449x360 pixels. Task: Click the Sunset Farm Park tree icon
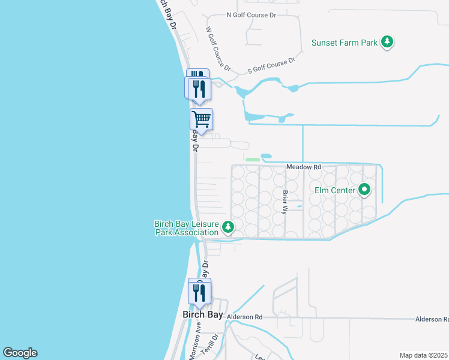[x=388, y=42]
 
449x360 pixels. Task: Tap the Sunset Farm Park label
[x=345, y=43]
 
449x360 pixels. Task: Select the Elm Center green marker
[x=364, y=191]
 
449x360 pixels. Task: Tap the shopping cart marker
[x=202, y=118]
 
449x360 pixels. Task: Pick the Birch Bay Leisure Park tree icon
[x=228, y=227]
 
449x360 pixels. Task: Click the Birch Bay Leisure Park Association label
[x=186, y=228]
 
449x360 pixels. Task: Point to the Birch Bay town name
[x=203, y=314]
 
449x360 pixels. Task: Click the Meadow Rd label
[x=304, y=167]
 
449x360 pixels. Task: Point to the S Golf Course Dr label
[x=271, y=66]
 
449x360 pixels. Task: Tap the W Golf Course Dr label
[x=218, y=46]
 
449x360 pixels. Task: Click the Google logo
[x=20, y=353]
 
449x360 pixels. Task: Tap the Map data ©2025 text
[x=424, y=355]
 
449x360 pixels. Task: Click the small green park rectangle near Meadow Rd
[x=253, y=160]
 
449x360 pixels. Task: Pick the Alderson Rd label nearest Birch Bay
[x=245, y=317]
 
